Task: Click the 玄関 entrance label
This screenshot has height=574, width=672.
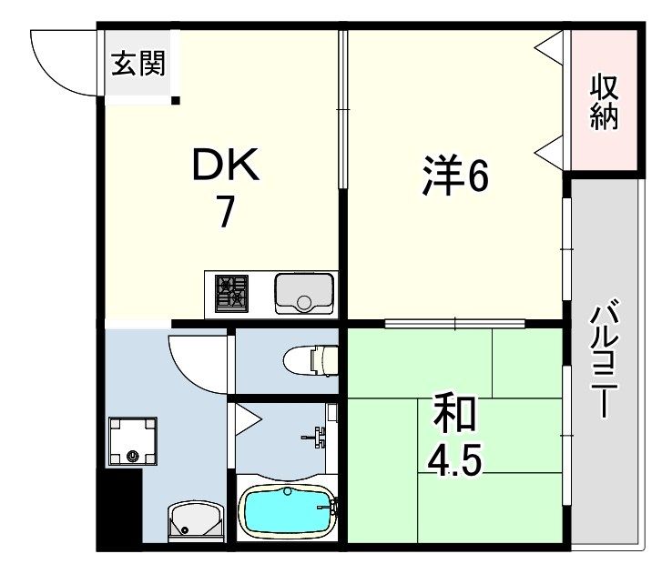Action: tap(138, 64)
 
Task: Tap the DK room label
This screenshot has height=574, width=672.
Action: tap(226, 164)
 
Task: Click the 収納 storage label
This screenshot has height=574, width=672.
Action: tap(605, 103)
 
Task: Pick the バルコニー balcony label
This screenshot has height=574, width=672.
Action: tap(605, 358)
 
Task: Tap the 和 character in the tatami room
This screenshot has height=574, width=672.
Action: tap(454, 414)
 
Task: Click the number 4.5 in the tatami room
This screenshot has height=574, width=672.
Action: tap(454, 459)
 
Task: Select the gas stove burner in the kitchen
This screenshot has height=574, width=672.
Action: tap(232, 293)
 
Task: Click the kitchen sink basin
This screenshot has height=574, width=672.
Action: tap(304, 294)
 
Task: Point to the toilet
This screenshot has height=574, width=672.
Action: tap(311, 361)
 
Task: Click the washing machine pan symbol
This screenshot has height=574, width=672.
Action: tap(132, 441)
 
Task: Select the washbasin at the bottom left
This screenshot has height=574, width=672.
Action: tap(196, 521)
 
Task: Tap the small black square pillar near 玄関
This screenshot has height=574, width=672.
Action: tap(176, 101)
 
